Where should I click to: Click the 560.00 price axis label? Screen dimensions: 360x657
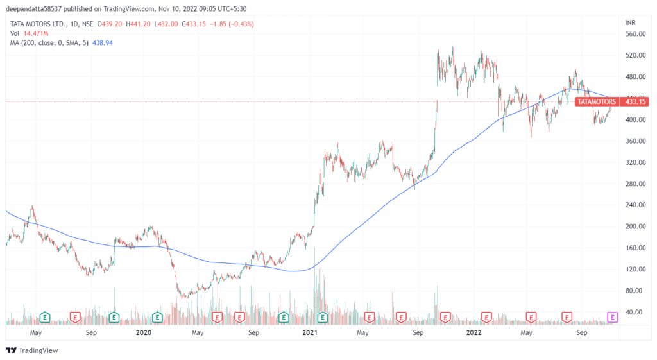coord(634,34)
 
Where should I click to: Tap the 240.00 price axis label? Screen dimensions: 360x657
coord(634,205)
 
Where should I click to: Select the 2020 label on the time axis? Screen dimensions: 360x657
coord(144,333)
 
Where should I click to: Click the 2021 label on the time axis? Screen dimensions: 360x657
coord(310,333)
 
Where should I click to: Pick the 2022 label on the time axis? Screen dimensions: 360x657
coord(474,333)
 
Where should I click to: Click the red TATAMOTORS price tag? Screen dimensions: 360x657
coord(597,101)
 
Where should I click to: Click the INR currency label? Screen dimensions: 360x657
coord(630,22)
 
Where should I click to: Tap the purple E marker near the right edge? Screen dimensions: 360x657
coord(612,316)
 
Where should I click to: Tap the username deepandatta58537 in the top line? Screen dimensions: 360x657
coord(35,9)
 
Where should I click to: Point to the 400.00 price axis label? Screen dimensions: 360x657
coord(634,120)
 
